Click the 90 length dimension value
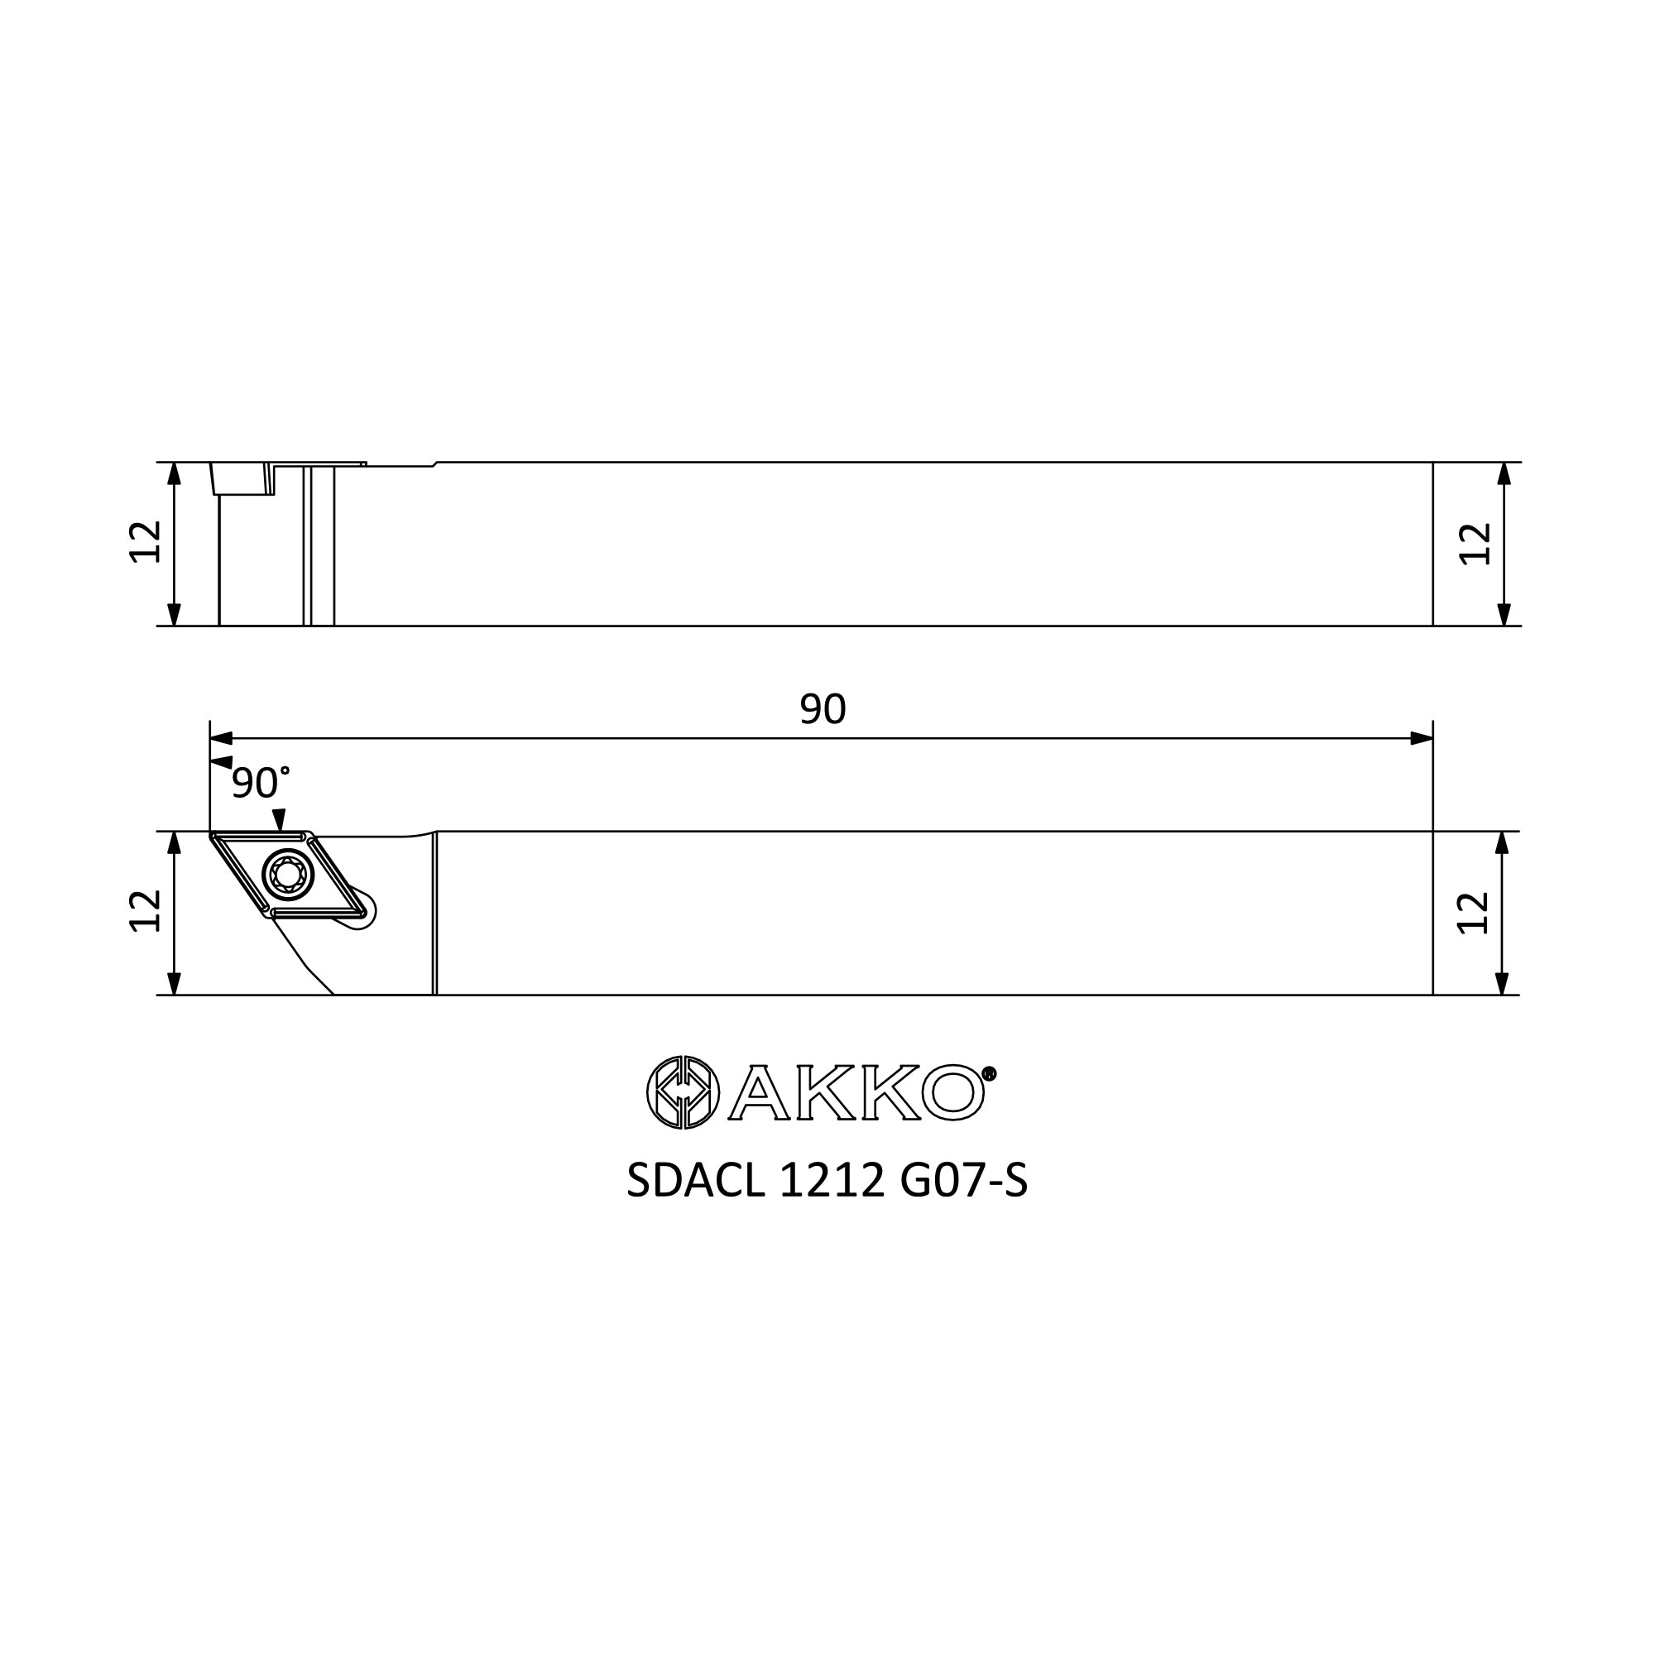click(823, 708)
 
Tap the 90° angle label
click(261, 783)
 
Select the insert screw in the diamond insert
click(289, 875)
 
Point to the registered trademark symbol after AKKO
click(990, 1073)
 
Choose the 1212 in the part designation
click(832, 1182)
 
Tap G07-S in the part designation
click(964, 1182)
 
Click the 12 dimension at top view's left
click(146, 542)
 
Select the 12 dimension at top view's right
click(1475, 543)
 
